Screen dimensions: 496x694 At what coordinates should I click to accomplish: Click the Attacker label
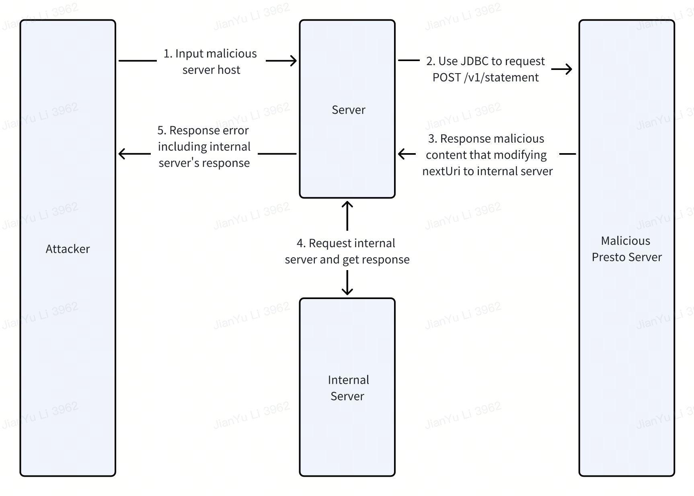pos(68,249)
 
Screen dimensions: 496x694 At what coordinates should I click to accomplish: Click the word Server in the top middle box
pos(348,110)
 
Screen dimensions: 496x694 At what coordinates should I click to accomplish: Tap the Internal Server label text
pos(348,388)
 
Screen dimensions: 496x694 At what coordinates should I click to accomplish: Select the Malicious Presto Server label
pos(626,249)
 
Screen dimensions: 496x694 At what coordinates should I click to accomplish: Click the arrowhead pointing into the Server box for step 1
pos(294,61)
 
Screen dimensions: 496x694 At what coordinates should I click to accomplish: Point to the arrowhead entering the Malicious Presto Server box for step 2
pos(569,69)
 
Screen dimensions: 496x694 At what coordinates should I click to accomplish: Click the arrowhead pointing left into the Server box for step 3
pos(401,154)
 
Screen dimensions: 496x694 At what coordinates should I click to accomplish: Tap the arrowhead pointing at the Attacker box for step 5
pos(122,154)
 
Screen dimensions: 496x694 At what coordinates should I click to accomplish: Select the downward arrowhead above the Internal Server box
pos(347,292)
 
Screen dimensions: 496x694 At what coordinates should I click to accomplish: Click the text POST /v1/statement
pos(485,77)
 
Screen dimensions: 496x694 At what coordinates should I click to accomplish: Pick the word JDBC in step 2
pos(474,61)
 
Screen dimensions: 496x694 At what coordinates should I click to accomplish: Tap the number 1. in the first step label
pos(168,53)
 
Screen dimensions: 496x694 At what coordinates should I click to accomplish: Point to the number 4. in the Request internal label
pos(301,243)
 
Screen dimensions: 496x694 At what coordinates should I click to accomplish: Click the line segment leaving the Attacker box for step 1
pos(138,61)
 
